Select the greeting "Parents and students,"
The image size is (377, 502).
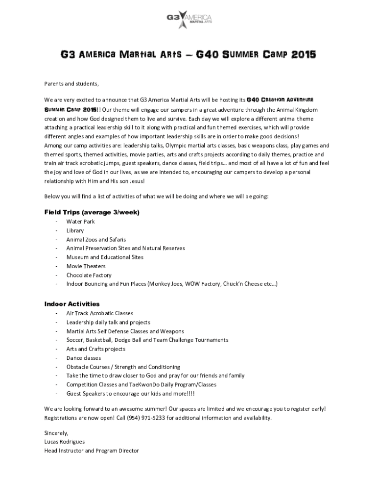[x=71, y=83]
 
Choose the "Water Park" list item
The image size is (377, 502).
[x=80, y=222]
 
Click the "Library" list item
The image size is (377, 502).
[x=75, y=230]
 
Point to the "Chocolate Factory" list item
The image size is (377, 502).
[x=89, y=275]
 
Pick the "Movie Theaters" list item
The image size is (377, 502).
[x=86, y=266]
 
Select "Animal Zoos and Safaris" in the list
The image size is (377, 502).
[x=96, y=239]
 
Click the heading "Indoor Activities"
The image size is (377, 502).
[x=72, y=304]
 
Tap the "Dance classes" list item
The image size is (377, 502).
[x=84, y=358]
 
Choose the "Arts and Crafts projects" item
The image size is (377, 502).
[x=96, y=349]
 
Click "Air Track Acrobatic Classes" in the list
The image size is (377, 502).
[x=100, y=313]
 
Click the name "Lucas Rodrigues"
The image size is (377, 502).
[x=64, y=442]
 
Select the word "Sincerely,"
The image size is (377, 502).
[x=56, y=433]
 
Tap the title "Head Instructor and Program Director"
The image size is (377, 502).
[x=92, y=451]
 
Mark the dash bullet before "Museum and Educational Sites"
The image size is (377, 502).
[x=57, y=257]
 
